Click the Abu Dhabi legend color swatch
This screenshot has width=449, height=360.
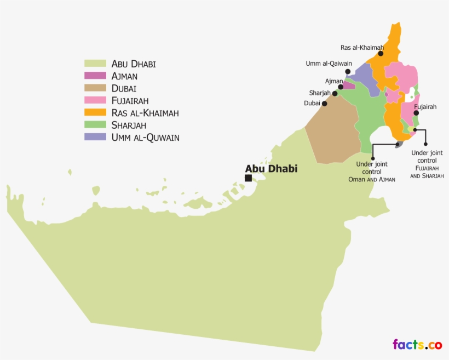[95, 64]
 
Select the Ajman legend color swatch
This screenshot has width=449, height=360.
[95, 76]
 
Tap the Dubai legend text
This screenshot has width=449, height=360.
[124, 88]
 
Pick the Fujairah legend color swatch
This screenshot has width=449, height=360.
[95, 100]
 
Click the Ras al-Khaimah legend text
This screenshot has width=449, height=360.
[145, 113]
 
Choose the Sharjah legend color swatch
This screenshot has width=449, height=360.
[95, 125]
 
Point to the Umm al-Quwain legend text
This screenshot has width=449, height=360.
[145, 137]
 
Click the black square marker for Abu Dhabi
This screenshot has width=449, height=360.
[248, 178]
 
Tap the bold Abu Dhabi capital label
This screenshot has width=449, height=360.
[271, 169]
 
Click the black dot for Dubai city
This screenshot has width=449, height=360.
[325, 103]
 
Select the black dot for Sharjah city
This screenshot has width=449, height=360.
[335, 93]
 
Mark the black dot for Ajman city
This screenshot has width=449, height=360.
[341, 87]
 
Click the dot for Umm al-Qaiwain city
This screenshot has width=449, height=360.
[348, 71]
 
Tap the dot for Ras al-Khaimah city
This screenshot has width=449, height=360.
[381, 54]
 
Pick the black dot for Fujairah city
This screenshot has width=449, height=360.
[416, 113]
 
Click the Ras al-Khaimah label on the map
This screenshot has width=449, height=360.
[362, 48]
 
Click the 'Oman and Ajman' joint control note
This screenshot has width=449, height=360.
[372, 172]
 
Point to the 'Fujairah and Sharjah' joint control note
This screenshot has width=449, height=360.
[427, 164]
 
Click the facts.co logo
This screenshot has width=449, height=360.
[417, 345]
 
